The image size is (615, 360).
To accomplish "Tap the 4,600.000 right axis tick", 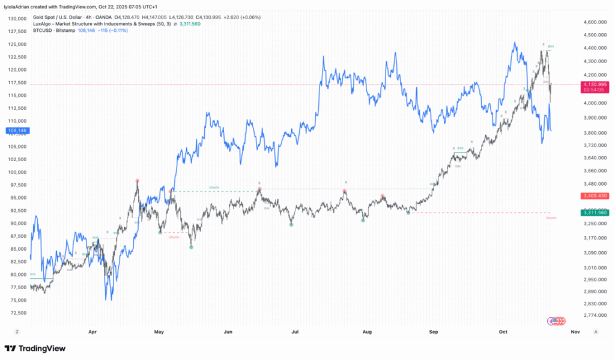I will (593, 22).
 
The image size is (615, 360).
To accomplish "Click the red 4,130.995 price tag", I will (594, 85).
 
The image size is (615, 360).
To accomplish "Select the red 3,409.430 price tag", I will (594, 196).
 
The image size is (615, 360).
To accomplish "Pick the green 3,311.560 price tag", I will (594, 213).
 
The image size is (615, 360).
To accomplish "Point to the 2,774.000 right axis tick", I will (593, 315).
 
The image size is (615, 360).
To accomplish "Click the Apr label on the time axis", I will (92, 331).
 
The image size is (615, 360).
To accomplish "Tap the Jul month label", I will (294, 331).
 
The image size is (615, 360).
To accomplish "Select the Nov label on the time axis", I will (575, 331).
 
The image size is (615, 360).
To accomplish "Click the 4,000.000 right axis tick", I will (593, 103).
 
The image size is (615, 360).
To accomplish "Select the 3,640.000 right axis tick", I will (593, 158).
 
